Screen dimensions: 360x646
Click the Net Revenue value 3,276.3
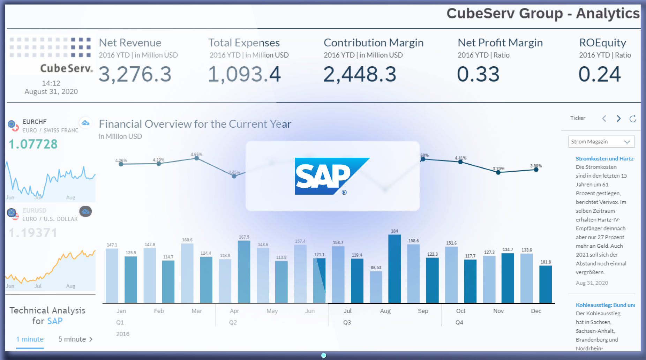[x=135, y=74]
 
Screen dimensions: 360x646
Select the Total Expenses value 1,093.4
[x=244, y=74]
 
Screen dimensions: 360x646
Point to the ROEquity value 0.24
[x=600, y=74]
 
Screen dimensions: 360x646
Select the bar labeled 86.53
[x=376, y=287]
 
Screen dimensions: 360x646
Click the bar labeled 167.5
[x=244, y=271]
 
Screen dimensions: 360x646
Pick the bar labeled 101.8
[x=546, y=284]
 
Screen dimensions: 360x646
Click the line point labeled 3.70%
[x=498, y=172]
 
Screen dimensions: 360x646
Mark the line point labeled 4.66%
[x=197, y=158]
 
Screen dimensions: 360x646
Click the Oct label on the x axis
[x=460, y=311]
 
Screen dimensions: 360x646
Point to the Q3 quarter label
[x=347, y=322]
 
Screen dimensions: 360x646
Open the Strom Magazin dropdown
[x=601, y=142]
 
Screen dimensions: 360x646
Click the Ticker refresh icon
[x=633, y=119]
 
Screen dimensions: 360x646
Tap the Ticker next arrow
[x=618, y=119]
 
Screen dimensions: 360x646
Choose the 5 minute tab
[x=75, y=339]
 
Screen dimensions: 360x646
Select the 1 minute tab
[x=30, y=339]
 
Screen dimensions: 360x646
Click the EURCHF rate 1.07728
[x=33, y=144]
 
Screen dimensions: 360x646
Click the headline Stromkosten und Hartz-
[x=605, y=159]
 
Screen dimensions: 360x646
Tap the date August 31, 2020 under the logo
[x=51, y=92]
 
